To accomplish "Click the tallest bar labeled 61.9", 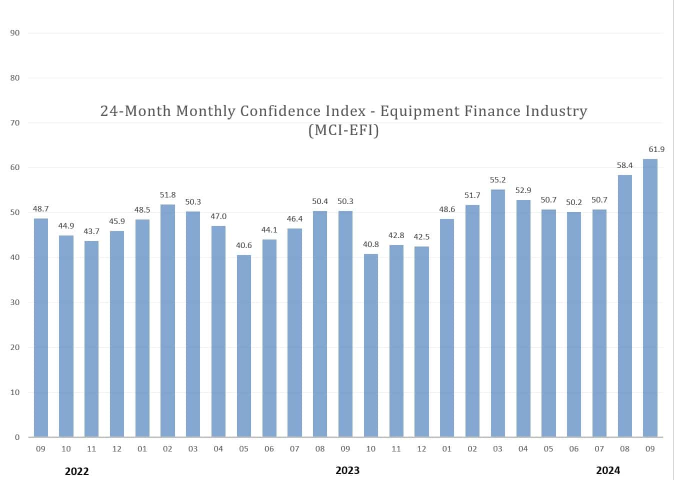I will point(650,298).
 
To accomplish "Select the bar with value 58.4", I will point(624,306).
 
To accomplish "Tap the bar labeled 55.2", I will point(497,313).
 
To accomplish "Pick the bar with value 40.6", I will point(243,346).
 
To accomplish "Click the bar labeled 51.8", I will point(167,320).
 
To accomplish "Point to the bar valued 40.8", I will point(370,345).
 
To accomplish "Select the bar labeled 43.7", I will point(91,339).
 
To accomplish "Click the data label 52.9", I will point(523,190).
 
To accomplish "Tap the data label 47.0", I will point(218,216).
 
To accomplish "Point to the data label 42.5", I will point(421,237).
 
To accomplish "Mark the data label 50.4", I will point(320,201).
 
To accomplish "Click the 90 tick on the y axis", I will point(15,33).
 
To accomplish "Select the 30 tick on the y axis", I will point(15,302).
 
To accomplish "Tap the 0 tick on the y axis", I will point(17,437).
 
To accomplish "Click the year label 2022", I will point(77,471).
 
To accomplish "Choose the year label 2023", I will point(347,470).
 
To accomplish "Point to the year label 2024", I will point(608,470).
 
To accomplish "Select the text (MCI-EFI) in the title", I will point(343,130).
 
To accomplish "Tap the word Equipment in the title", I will point(419,111).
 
